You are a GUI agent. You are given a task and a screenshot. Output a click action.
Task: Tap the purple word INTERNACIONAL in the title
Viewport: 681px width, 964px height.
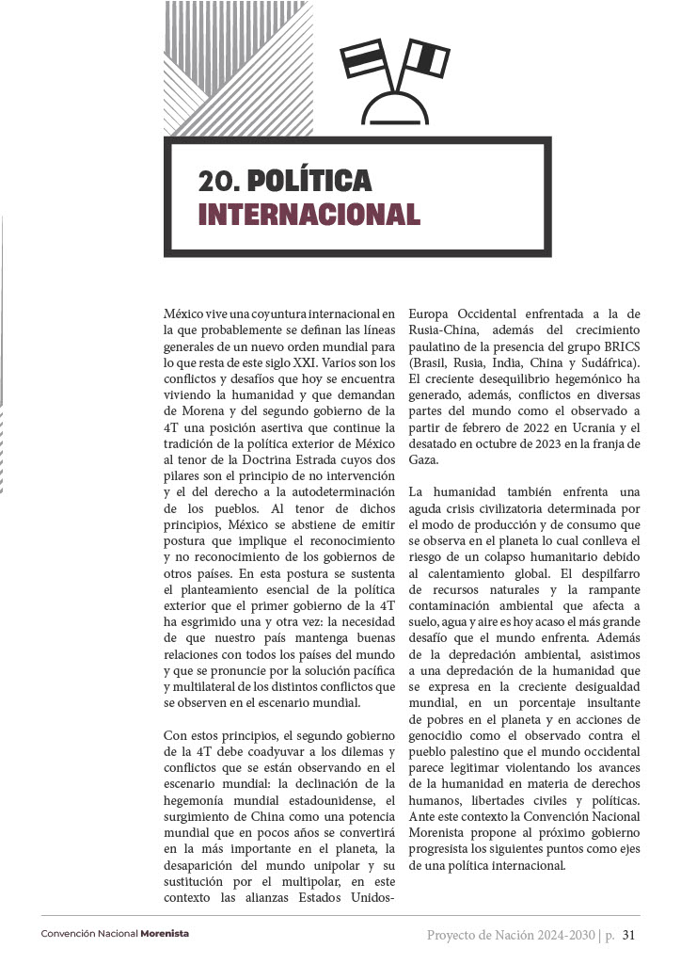point(309,214)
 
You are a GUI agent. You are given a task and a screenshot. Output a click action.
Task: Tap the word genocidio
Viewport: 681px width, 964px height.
point(440,735)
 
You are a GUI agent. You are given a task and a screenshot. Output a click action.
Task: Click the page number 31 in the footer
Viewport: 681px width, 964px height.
point(630,936)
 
